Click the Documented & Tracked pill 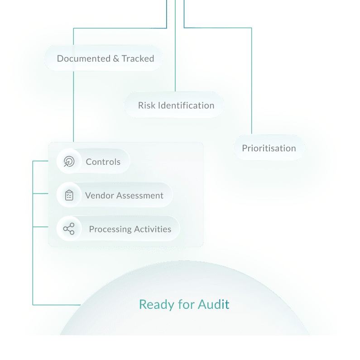pyautogui.click(x=103, y=58)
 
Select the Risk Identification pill pyautogui.click(x=174, y=106)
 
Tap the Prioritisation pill pyautogui.click(x=269, y=148)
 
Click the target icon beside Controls pyautogui.click(x=69, y=162)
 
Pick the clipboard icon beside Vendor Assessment pyautogui.click(x=69, y=195)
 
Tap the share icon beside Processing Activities pyautogui.click(x=69, y=229)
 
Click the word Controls pyautogui.click(x=103, y=162)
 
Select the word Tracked pyautogui.click(x=138, y=58)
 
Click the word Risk pyautogui.click(x=146, y=106)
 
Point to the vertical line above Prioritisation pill pyautogui.click(x=252, y=82)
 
